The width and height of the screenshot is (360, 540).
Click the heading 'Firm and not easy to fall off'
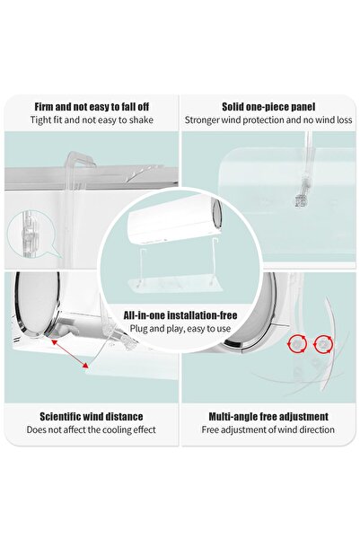(x=92, y=107)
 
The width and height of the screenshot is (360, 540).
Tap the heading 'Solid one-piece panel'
(x=268, y=107)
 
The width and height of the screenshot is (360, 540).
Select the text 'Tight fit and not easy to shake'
(x=92, y=120)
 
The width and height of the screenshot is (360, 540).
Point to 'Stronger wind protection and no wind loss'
(x=268, y=120)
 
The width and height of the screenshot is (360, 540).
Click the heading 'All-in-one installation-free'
(x=180, y=315)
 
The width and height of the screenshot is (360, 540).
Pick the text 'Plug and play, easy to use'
(x=180, y=329)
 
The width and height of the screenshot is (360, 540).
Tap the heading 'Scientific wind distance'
(x=92, y=417)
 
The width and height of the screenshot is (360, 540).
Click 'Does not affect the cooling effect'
(x=92, y=429)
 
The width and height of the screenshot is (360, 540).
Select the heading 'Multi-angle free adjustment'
(x=268, y=417)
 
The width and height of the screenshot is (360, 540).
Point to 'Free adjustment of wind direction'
(x=268, y=429)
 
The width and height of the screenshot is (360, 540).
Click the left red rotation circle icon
(x=297, y=344)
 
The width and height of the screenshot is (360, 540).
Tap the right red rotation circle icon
(x=323, y=344)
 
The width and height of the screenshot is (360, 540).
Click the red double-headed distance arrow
(x=69, y=354)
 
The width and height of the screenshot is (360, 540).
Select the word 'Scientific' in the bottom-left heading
(x=61, y=417)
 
